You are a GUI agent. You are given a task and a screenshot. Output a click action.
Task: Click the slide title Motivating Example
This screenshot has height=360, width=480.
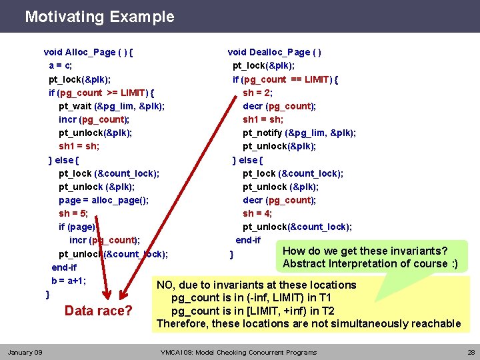(x=99, y=17)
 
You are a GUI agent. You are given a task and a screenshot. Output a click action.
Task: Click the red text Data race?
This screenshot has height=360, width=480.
(x=98, y=311)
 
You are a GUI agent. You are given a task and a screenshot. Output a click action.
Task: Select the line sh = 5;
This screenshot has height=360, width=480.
(x=73, y=213)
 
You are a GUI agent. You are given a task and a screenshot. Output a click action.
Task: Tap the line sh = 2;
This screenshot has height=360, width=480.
(x=257, y=93)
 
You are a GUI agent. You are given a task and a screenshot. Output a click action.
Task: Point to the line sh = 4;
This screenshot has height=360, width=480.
(x=257, y=213)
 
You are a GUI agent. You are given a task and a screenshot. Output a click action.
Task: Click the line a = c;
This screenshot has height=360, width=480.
(x=61, y=65)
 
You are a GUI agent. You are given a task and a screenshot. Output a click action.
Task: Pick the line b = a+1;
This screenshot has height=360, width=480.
(x=69, y=281)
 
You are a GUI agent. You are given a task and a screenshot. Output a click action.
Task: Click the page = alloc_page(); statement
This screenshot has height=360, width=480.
(x=103, y=200)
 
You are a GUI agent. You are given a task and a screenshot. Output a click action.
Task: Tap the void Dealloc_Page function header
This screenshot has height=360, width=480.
(x=275, y=52)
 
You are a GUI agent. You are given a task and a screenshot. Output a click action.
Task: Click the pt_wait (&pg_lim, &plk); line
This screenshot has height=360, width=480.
(x=112, y=106)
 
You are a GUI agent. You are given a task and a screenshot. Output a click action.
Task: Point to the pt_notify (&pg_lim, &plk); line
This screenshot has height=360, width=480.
(x=299, y=133)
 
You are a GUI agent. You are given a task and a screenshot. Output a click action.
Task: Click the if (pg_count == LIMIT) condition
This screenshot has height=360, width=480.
(x=285, y=79)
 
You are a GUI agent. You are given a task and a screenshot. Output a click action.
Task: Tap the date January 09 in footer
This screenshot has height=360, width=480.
(x=25, y=352)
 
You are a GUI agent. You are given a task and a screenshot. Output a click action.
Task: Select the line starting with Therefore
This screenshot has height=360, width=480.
(x=308, y=324)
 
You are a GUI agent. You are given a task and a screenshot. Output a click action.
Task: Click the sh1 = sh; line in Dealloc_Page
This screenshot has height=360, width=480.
(x=263, y=119)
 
